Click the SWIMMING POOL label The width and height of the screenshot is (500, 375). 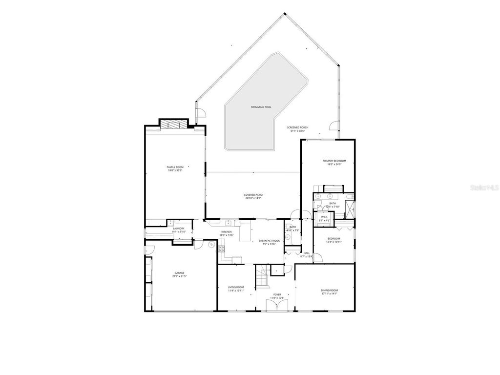261,106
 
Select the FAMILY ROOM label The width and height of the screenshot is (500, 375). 175,167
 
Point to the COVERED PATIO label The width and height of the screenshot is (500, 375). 253,195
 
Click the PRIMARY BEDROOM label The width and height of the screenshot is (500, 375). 334,161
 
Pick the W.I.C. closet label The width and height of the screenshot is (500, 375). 324,218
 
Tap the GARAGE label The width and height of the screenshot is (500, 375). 179,273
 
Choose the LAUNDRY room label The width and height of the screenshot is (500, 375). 178,229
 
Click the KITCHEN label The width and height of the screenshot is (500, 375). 227,232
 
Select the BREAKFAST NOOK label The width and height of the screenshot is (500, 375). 269,241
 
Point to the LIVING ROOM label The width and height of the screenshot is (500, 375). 236,287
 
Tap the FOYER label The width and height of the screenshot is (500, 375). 277,294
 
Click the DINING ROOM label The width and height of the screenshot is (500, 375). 329,290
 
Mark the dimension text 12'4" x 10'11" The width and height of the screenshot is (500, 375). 333,242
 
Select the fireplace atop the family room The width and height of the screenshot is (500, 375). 173,124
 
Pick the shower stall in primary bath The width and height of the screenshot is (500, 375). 350,210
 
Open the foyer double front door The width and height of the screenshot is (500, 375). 276,306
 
